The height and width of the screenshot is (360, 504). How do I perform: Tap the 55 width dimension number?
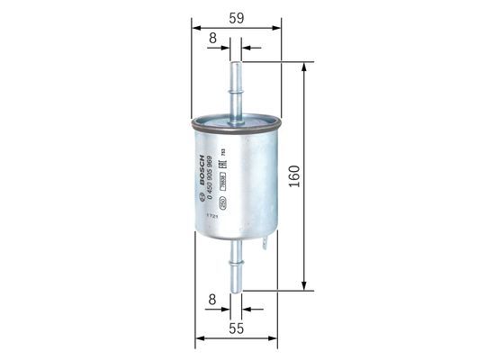[237, 330]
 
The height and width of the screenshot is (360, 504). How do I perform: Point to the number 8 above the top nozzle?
[212, 38]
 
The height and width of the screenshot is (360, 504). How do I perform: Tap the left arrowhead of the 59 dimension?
[195, 27]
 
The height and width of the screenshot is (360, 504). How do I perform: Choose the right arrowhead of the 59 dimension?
[278, 27]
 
